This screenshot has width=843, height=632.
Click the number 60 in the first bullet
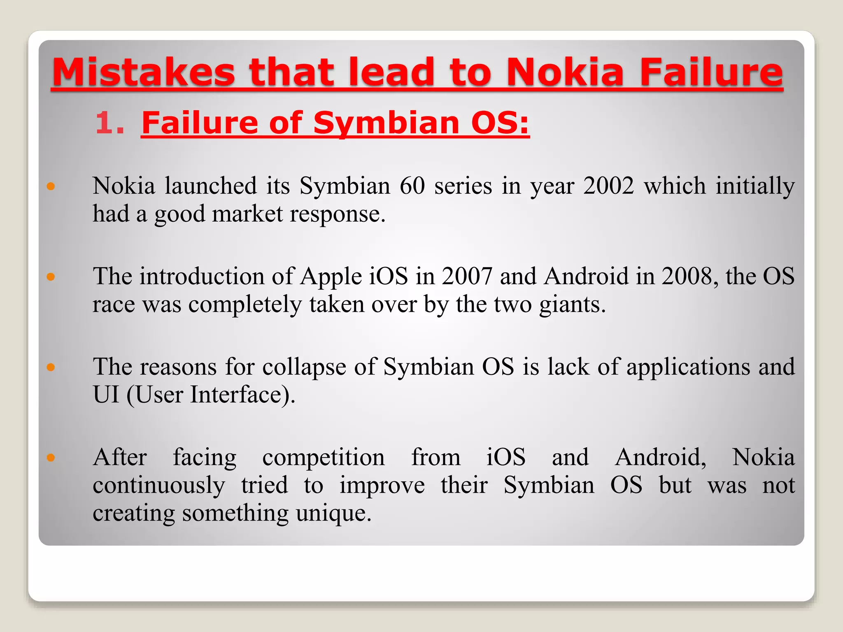click(412, 186)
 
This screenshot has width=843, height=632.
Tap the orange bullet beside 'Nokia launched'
click(51, 186)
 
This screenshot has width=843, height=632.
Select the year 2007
click(467, 276)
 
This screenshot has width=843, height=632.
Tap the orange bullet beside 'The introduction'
click(51, 277)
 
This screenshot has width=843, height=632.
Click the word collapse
click(304, 367)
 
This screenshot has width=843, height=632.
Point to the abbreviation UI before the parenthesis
click(106, 395)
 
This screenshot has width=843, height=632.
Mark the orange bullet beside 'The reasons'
click(51, 367)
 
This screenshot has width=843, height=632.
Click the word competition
click(324, 458)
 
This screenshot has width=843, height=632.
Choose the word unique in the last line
click(333, 513)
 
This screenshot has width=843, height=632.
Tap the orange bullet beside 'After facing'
click(51, 458)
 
